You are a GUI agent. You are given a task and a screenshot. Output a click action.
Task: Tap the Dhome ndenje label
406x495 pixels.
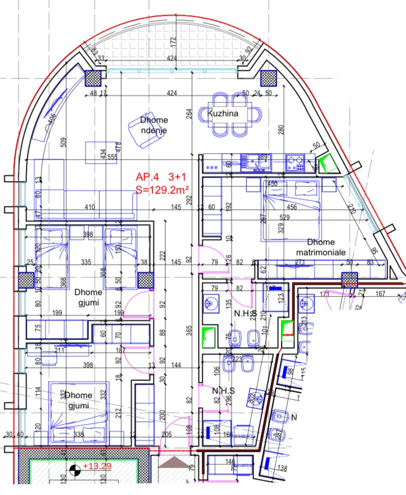click(x=153, y=125)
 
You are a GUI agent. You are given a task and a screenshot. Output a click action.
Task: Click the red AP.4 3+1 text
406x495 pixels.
click(x=163, y=177)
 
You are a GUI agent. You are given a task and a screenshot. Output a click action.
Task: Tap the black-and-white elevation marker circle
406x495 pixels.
click(x=74, y=468)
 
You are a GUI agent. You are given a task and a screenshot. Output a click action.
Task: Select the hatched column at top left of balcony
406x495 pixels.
click(x=94, y=79)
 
